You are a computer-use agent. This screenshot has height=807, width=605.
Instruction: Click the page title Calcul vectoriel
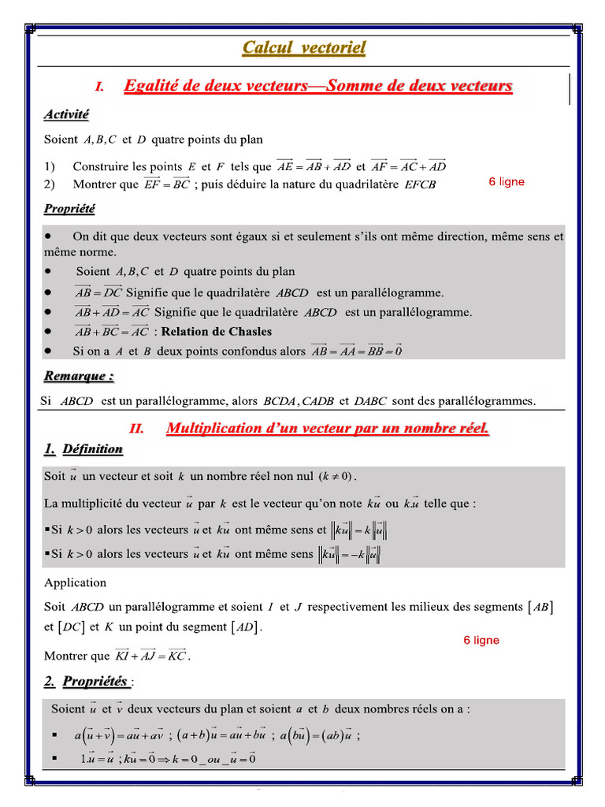pos(303,48)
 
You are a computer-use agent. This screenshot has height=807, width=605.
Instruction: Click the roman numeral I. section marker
pos(100,87)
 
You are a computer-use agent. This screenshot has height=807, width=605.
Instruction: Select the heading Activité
pos(66,115)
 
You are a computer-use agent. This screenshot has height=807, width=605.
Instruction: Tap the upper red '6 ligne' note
pos(506,182)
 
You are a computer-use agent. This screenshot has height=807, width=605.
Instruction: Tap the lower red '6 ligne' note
pos(481,640)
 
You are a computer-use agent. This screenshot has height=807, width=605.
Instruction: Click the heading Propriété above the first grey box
pos(69,209)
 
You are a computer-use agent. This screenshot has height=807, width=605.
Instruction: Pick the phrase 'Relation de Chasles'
pos(217,332)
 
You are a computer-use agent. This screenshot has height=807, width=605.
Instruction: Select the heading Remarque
pos(79,377)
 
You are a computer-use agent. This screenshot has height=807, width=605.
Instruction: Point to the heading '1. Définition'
pos(84,449)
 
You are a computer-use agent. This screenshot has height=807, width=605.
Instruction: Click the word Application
pos(75,583)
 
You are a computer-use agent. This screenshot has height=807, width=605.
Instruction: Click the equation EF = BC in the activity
pos(167,184)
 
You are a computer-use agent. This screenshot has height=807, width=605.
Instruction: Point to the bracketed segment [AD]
pos(245,628)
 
